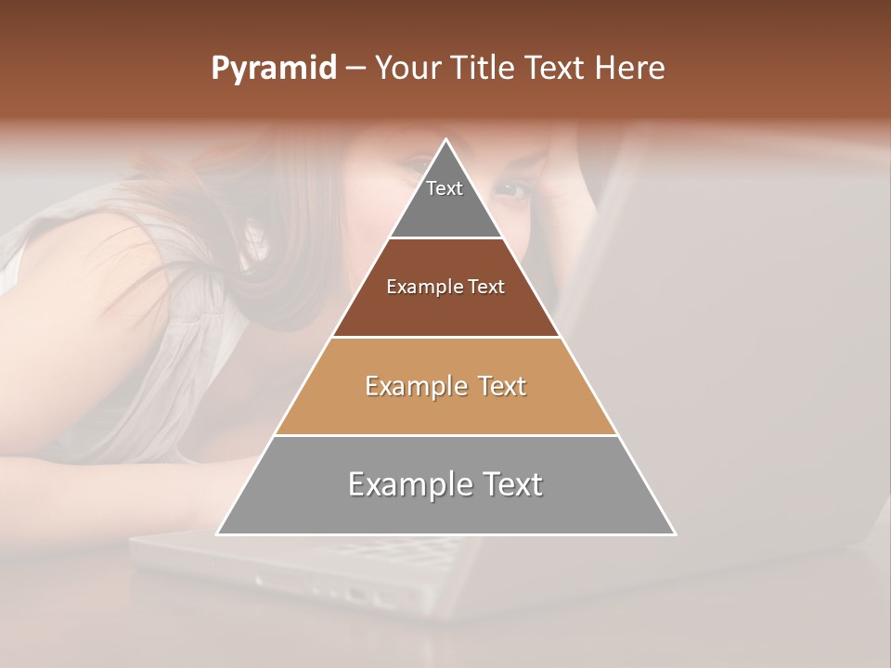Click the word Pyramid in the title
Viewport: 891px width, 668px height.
coord(273,69)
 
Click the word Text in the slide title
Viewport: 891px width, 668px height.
coord(556,68)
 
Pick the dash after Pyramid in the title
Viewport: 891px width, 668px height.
coord(355,70)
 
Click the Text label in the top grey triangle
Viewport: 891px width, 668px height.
coord(445,188)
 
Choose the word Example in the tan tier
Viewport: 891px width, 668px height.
coord(411,386)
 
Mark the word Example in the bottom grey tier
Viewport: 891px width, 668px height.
coord(402,484)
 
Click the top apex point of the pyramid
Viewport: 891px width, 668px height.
coord(445,140)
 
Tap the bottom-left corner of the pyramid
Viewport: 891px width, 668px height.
coord(217,534)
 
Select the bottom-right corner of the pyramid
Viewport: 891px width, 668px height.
coord(675,534)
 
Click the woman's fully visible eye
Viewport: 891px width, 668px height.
coord(511,188)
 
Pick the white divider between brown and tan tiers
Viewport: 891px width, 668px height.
coord(445,337)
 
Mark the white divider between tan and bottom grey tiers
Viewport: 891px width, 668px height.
coord(445,435)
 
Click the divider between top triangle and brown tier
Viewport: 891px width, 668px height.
coord(445,238)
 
